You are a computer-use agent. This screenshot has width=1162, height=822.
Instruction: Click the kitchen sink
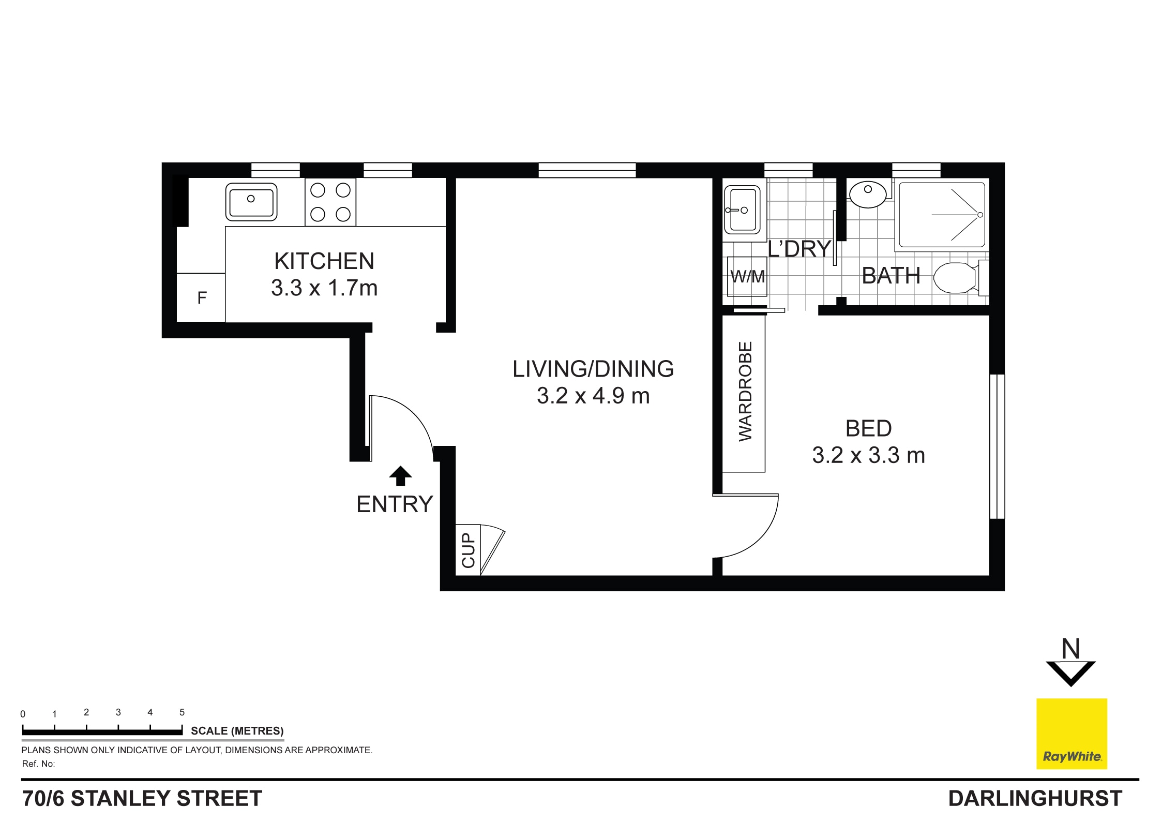(251, 202)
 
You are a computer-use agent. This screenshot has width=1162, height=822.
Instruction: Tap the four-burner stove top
(330, 202)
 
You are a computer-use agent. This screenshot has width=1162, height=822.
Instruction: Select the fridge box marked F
(201, 297)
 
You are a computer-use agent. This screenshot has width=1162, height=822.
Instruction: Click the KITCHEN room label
(324, 261)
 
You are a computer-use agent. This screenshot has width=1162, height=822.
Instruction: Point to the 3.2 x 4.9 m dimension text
(593, 396)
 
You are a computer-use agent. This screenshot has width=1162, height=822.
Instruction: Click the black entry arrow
(400, 475)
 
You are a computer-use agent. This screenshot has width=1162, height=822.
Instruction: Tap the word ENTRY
(395, 504)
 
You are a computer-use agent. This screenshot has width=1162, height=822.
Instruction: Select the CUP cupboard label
(468, 550)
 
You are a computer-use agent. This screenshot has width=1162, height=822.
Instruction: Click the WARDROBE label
(745, 391)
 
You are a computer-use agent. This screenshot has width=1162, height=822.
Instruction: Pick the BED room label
(868, 428)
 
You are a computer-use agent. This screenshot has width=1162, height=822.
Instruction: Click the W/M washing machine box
(747, 277)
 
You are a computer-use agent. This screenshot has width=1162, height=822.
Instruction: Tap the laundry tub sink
(743, 210)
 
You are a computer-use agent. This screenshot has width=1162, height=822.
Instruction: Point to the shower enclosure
(942, 214)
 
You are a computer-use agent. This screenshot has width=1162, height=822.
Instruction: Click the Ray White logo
(1072, 734)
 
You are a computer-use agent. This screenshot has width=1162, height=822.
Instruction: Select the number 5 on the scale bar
(182, 712)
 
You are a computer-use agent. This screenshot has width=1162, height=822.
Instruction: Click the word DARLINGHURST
(1035, 799)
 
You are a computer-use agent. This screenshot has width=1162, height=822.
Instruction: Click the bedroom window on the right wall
(997, 446)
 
